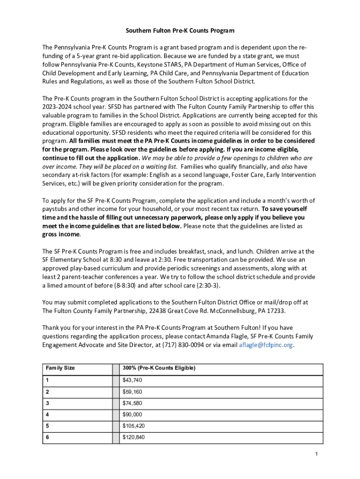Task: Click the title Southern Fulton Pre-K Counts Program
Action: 180,30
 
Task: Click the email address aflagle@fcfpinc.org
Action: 266,345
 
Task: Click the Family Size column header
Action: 60,368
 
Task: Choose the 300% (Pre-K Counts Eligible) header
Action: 159,368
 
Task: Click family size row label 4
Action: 47,414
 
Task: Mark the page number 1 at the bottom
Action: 317,454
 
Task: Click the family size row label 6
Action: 47,437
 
